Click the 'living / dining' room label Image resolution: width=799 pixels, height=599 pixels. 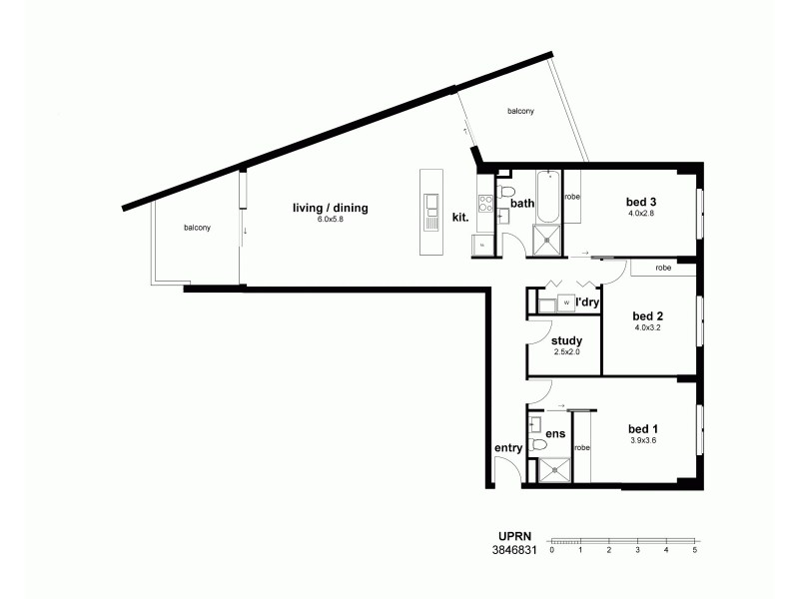(330, 208)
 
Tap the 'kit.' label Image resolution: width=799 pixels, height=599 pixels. (460, 216)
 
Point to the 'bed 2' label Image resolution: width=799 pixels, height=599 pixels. (648, 315)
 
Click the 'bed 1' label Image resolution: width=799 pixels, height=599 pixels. (644, 428)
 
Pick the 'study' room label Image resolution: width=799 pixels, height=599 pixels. (566, 340)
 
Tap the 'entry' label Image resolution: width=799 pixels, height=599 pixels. (508, 448)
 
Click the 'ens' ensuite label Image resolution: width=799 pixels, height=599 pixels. (555, 434)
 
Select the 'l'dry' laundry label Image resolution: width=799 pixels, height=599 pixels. (587, 301)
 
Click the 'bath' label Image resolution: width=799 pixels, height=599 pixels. (522, 204)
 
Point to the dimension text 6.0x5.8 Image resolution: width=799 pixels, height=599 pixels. (330, 219)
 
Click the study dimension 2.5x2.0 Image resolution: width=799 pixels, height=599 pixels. (566, 351)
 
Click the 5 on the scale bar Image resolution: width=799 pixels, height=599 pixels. (694, 550)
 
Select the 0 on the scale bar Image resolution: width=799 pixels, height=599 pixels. (551, 550)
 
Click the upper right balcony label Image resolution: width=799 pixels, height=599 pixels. (519, 111)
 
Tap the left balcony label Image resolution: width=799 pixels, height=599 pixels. (197, 228)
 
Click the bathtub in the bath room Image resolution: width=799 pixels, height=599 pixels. (549, 198)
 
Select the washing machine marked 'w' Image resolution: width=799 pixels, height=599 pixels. (566, 302)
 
